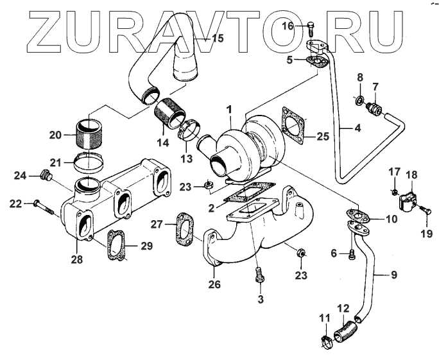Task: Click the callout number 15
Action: (x=218, y=39)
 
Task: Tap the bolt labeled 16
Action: (x=312, y=26)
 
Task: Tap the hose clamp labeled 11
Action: (x=327, y=337)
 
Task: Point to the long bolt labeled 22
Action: (x=42, y=205)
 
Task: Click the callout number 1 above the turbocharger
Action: (x=230, y=110)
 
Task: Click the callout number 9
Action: (x=393, y=275)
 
